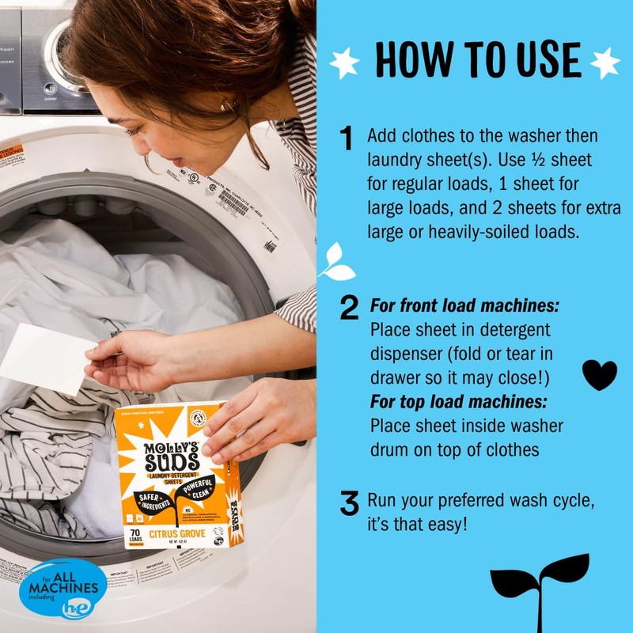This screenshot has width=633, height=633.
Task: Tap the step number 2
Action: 349,309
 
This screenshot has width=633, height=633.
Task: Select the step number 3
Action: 349,503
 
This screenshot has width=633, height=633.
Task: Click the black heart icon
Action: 599,375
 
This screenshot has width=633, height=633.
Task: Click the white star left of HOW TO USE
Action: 345,63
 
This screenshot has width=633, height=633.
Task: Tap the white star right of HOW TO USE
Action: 605,63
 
